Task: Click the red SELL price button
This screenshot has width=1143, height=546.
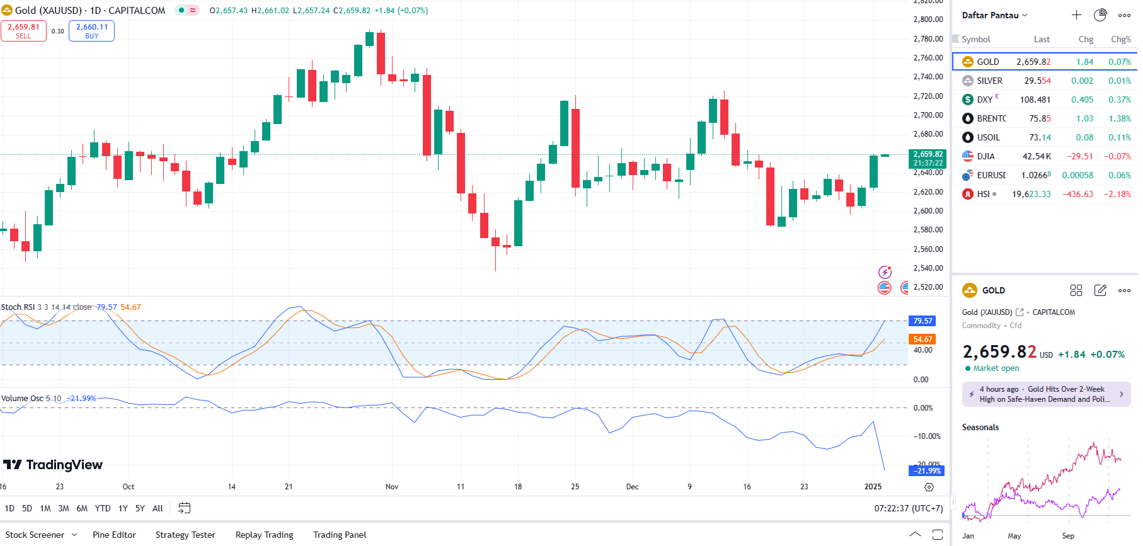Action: tap(23, 31)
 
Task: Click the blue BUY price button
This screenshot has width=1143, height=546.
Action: tap(91, 31)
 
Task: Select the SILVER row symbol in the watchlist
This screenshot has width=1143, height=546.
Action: tap(989, 81)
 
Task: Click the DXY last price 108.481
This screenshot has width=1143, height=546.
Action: tap(1035, 100)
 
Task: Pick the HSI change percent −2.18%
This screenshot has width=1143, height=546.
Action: tap(1117, 194)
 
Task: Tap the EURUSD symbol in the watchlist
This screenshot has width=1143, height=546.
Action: tap(991, 175)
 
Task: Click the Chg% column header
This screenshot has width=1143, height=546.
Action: tap(1120, 39)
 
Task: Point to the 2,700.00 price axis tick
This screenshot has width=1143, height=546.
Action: tap(928, 115)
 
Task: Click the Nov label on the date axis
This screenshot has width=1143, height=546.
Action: tap(392, 487)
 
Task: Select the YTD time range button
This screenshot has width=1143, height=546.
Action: tap(103, 508)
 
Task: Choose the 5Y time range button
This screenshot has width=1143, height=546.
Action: tap(140, 508)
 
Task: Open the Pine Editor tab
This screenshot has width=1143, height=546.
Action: tap(114, 535)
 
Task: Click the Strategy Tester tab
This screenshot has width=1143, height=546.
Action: tap(185, 535)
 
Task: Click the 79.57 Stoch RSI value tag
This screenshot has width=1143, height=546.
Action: tap(922, 321)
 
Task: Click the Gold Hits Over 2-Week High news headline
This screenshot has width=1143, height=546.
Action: tap(1046, 394)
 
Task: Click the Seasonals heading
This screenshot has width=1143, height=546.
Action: tap(980, 427)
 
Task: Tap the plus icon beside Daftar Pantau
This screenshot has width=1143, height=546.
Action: tap(1076, 15)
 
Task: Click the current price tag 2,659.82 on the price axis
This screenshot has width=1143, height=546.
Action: tap(928, 158)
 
